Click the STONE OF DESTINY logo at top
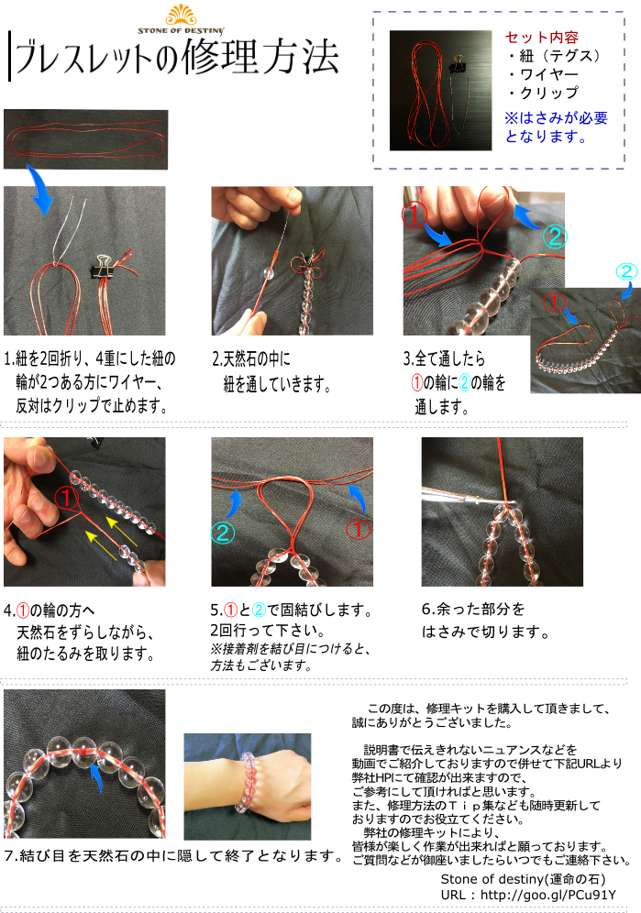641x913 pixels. click(181, 20)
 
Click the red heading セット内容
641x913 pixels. click(542, 38)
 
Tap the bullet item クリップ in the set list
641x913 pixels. click(543, 93)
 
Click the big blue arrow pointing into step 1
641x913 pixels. click(39, 190)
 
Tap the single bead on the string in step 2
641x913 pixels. click(269, 272)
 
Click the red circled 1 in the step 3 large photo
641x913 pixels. click(414, 215)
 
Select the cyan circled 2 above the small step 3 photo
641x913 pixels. click(626, 272)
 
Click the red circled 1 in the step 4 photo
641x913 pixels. click(66, 498)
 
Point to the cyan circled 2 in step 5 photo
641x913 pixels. click(223, 533)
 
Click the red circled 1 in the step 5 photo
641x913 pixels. click(358, 530)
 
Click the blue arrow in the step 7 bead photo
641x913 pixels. click(95, 777)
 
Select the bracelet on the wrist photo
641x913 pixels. click(246, 782)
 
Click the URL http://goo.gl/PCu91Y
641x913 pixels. click(547, 895)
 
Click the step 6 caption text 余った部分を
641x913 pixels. click(473, 610)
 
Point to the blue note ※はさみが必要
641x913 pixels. click(556, 118)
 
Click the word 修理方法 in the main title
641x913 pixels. click(260, 58)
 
